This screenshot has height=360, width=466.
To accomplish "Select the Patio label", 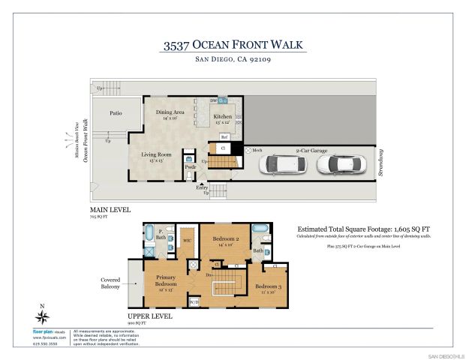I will point(116,114).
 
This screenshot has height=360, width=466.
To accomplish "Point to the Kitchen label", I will point(223,118).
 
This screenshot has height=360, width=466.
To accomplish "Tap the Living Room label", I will point(157,156).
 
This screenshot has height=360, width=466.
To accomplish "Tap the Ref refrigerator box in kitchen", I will point(224,137).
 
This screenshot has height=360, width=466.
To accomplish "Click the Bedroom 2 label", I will point(226,239).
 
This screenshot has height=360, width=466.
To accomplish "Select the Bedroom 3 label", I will point(267,288).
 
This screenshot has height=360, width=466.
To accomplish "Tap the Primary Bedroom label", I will point(167,283).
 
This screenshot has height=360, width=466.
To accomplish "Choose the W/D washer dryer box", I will point(194,302).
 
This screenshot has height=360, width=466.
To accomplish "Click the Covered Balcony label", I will point(112,283).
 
